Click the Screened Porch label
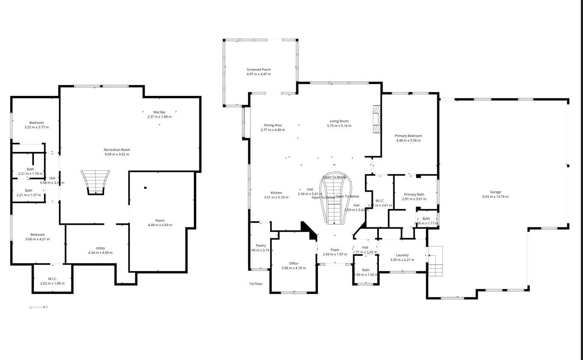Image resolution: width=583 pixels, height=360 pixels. pyautogui.click(x=259, y=69)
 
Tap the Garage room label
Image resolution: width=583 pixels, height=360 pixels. pyautogui.click(x=495, y=192)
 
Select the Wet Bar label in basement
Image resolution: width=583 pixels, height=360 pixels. pyautogui.click(x=159, y=112)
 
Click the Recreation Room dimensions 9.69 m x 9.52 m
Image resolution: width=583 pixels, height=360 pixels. pyautogui.click(x=117, y=155)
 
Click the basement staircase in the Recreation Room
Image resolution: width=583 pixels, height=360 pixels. pyautogui.click(x=95, y=181)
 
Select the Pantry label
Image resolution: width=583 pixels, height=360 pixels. pyautogui.click(x=261, y=245)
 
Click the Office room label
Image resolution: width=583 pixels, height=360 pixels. pyautogui.click(x=294, y=263)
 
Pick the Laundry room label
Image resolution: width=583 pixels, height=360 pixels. pyautogui.click(x=402, y=255)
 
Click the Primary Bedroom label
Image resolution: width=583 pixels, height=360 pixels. pyautogui.click(x=408, y=136)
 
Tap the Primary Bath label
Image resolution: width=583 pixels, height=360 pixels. pyautogui.click(x=414, y=194)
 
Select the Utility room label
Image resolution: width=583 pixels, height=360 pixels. pyautogui.click(x=100, y=248)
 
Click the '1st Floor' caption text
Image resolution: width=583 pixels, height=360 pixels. pyautogui.click(x=256, y=284)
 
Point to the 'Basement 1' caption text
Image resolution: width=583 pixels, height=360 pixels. pyautogui.click(x=39, y=307)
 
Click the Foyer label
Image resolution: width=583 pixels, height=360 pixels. pyautogui.click(x=335, y=250)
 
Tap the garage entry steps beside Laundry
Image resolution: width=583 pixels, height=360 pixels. pyautogui.click(x=435, y=261)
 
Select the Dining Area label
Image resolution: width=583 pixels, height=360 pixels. pyautogui.click(x=273, y=125)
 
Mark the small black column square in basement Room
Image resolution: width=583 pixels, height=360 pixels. pyautogui.click(x=146, y=187)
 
